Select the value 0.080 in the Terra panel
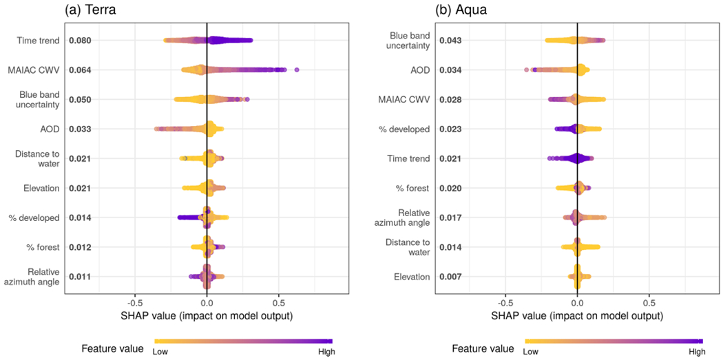80,41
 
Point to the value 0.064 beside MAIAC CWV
80,70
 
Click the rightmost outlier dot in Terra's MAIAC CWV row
297,70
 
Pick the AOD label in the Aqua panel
419,70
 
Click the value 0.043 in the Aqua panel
450,41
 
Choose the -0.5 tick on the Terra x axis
134,302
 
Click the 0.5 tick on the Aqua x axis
649,302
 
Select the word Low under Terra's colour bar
160,352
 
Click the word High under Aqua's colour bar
697,352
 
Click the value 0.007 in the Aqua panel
450,277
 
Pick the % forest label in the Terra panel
45,247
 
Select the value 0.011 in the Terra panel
80,277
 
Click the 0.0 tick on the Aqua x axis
577,302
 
